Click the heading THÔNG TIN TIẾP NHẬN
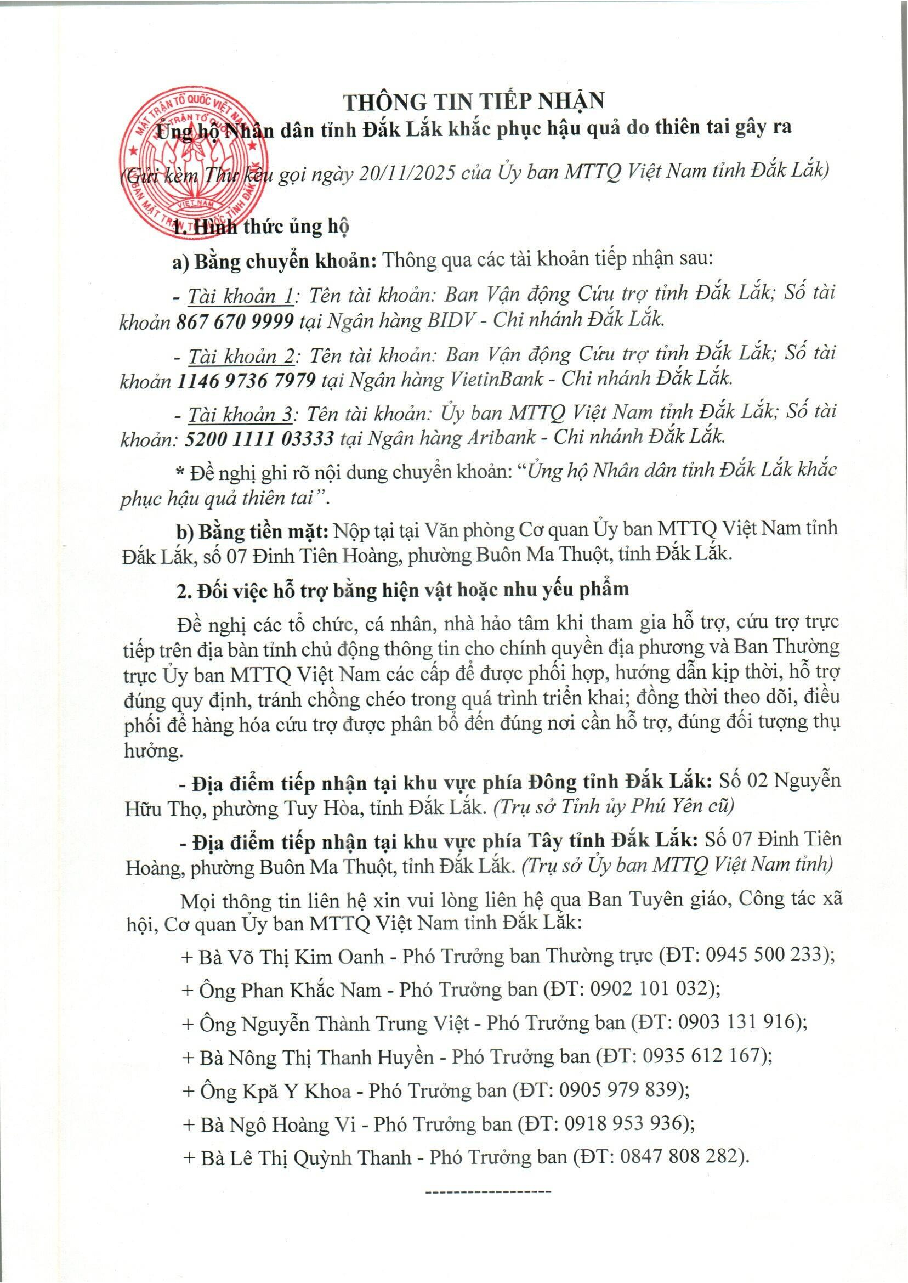[x=474, y=101]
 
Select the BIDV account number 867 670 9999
[x=235, y=321]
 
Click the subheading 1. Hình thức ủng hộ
[x=260, y=227]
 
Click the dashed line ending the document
[x=488, y=1191]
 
